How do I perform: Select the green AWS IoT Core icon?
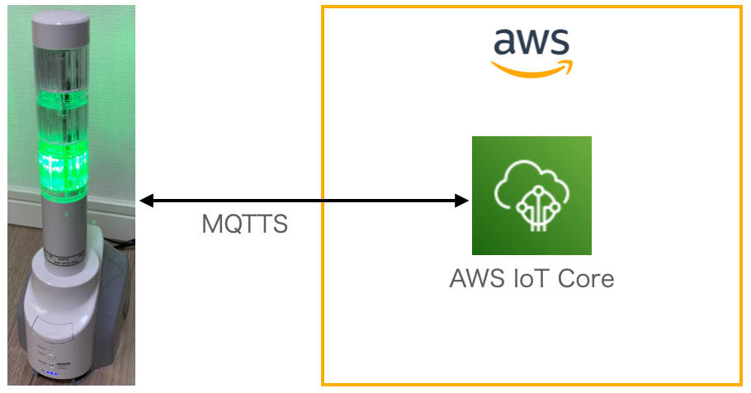click(x=531, y=196)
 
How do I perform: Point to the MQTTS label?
click(x=245, y=224)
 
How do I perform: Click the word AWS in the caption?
click(x=476, y=278)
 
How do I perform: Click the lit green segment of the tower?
click(x=63, y=165)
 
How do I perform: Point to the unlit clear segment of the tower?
click(x=61, y=74)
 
